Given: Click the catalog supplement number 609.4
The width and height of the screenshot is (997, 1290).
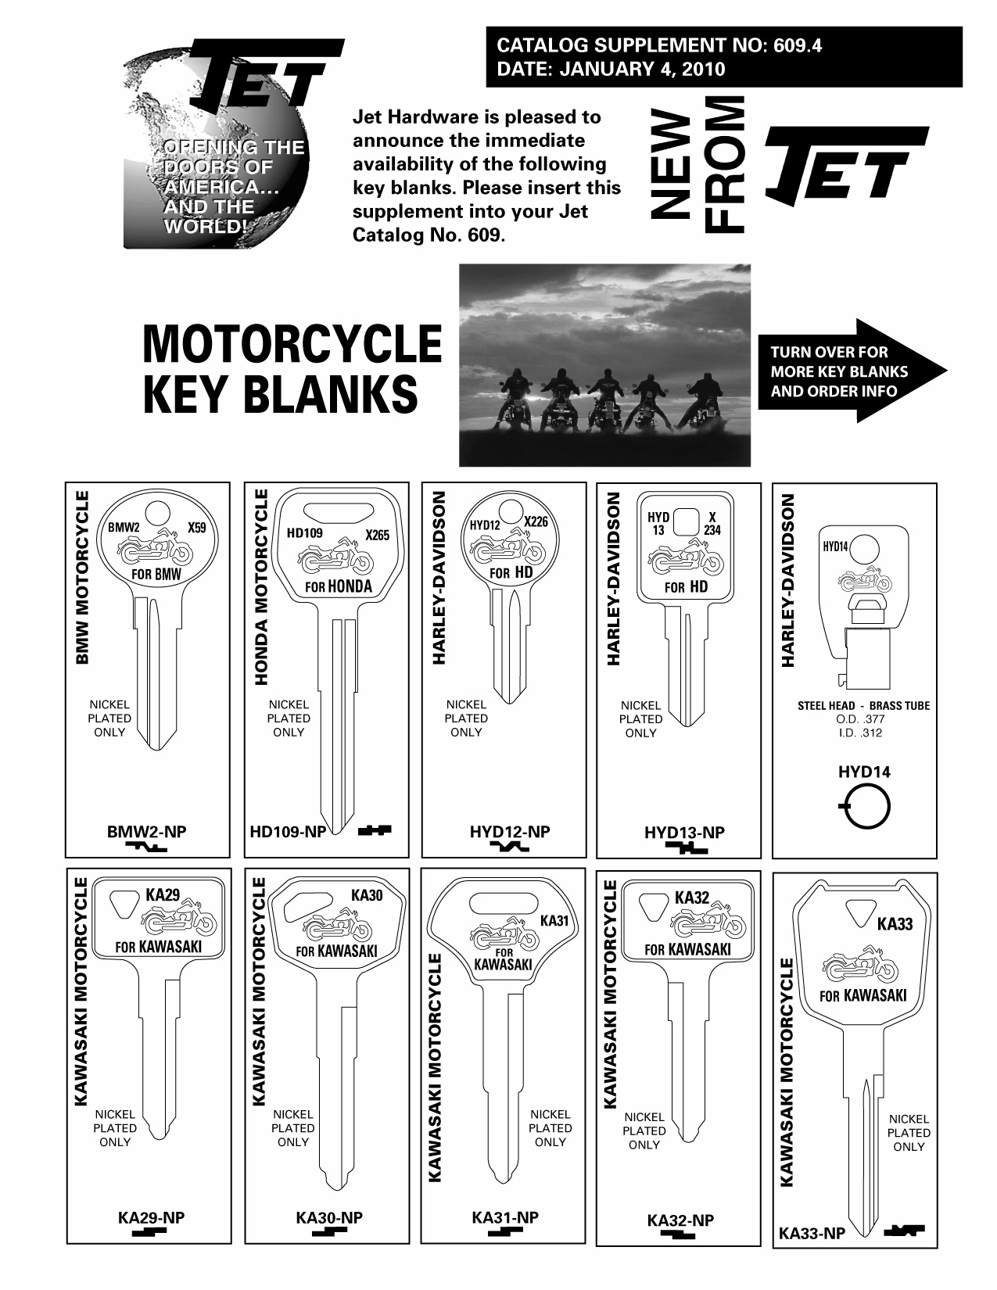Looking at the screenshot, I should click(797, 45).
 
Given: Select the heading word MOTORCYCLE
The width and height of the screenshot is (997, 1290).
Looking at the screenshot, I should click(292, 344).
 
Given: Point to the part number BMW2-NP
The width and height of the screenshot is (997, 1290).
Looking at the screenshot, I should click(146, 832).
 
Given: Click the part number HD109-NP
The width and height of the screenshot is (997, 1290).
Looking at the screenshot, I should click(288, 833).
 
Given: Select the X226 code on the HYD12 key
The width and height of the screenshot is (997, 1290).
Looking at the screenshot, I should click(536, 521).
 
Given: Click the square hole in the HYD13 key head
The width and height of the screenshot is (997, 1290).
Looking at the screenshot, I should click(687, 521).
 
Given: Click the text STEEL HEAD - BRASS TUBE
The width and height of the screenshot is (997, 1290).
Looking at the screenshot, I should click(863, 705).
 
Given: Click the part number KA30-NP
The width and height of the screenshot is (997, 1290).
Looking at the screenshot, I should click(329, 1218).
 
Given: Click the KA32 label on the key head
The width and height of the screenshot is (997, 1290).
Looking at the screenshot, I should click(691, 897).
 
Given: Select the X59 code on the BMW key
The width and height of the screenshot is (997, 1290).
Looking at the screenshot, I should click(197, 528).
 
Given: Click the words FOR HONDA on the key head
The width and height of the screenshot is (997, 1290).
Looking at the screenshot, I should click(339, 586).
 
